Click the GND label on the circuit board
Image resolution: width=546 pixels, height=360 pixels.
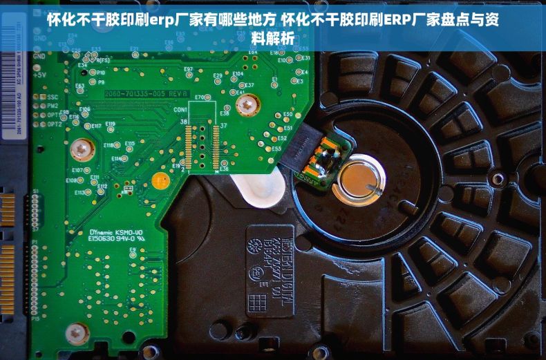click(x=39, y=56)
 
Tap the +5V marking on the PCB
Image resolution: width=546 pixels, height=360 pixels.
click(x=39, y=74)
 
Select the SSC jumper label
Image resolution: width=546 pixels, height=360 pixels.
click(x=53, y=97)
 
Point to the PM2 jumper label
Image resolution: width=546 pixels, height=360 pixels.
click(x=53, y=106)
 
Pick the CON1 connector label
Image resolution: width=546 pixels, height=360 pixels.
click(x=181, y=110)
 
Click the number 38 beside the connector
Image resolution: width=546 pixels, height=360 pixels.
click(x=184, y=122)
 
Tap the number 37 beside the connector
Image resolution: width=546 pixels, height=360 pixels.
click(x=223, y=126)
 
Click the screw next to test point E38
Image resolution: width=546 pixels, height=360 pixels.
click(x=247, y=106)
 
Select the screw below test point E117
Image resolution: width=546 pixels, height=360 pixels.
click(x=82, y=148)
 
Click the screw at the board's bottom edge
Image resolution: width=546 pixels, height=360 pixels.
click(x=77, y=334)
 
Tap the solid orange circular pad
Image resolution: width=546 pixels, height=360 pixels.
click(x=160, y=181)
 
